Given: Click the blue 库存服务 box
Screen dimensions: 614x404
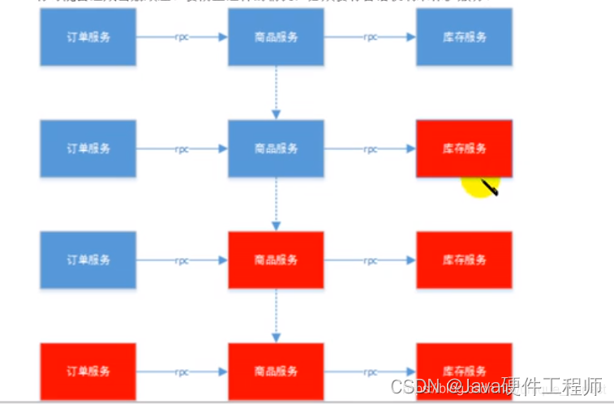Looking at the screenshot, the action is tap(464, 37).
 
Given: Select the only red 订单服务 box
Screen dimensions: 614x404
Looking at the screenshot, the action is tap(88, 371).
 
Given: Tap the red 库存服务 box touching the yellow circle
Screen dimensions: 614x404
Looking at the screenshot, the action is tap(464, 148).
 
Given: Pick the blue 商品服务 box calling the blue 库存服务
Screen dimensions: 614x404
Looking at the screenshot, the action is tap(276, 37).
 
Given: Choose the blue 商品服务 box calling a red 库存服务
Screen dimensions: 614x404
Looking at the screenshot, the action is tap(276, 148).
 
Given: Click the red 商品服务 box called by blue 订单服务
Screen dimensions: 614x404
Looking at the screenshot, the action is tap(276, 260).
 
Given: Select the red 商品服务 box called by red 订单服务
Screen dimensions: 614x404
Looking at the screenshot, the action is tap(276, 371).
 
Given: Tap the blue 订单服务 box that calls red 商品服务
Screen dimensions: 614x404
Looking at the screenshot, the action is tap(88, 260).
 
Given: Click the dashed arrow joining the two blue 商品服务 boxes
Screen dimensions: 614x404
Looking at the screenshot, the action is tap(276, 92).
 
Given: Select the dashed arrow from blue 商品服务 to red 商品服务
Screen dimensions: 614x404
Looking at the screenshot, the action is tap(276, 203).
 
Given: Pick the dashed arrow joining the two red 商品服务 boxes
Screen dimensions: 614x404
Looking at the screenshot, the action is tap(276, 314).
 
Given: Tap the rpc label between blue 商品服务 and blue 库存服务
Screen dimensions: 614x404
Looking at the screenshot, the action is tap(370, 37).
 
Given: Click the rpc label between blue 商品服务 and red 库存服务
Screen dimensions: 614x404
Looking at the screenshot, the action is tap(370, 149).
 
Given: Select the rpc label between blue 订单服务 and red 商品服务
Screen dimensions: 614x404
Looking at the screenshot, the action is tap(182, 260).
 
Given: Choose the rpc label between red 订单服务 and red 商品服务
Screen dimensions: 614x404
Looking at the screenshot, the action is tap(182, 372).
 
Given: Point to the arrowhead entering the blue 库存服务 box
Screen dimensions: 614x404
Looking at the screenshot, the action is tap(411, 37).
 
